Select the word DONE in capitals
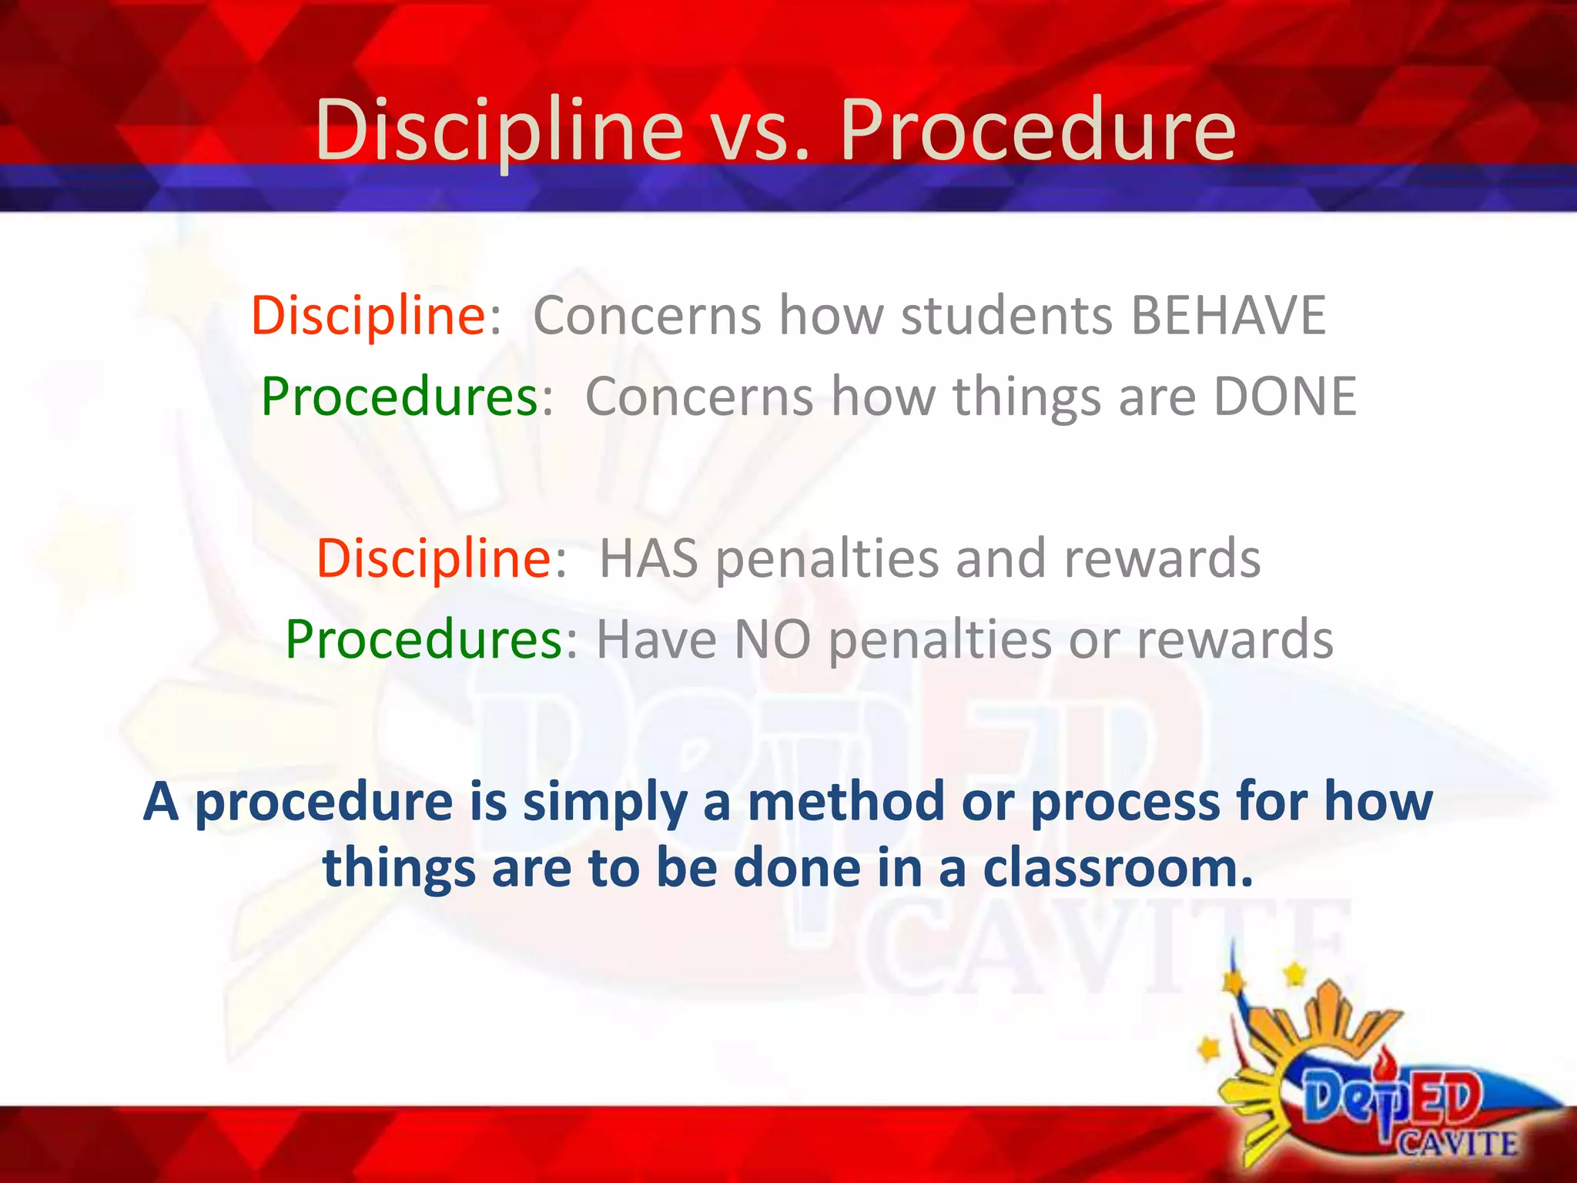[x=1284, y=397]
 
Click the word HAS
[x=648, y=558]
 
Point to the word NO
[x=772, y=640]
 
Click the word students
[x=1006, y=316]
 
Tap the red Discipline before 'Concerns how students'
[x=368, y=316]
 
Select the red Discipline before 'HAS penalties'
[x=434, y=558]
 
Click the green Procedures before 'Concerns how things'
[x=400, y=397]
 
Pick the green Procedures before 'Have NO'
[x=424, y=640]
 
